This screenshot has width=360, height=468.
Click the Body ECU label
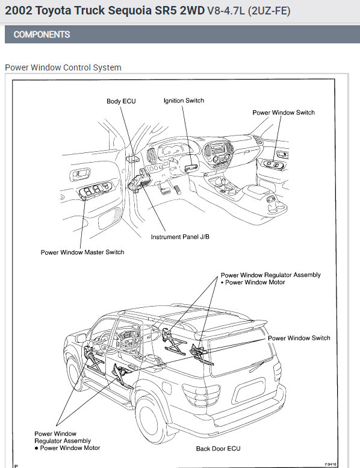[x=121, y=101]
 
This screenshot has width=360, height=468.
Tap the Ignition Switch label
[x=184, y=101]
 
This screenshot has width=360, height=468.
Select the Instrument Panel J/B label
[x=180, y=237]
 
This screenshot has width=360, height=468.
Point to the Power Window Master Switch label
[x=82, y=252]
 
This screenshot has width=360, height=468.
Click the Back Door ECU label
[x=218, y=448]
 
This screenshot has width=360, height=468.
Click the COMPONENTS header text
[x=42, y=34]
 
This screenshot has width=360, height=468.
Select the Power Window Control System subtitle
[x=63, y=67]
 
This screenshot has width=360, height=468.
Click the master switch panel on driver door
[x=96, y=190]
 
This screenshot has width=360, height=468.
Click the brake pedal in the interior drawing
[x=164, y=189]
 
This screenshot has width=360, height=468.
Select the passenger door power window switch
[x=273, y=164]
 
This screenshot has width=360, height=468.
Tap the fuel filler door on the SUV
[x=167, y=388]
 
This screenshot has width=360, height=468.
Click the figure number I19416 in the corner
[x=331, y=464]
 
